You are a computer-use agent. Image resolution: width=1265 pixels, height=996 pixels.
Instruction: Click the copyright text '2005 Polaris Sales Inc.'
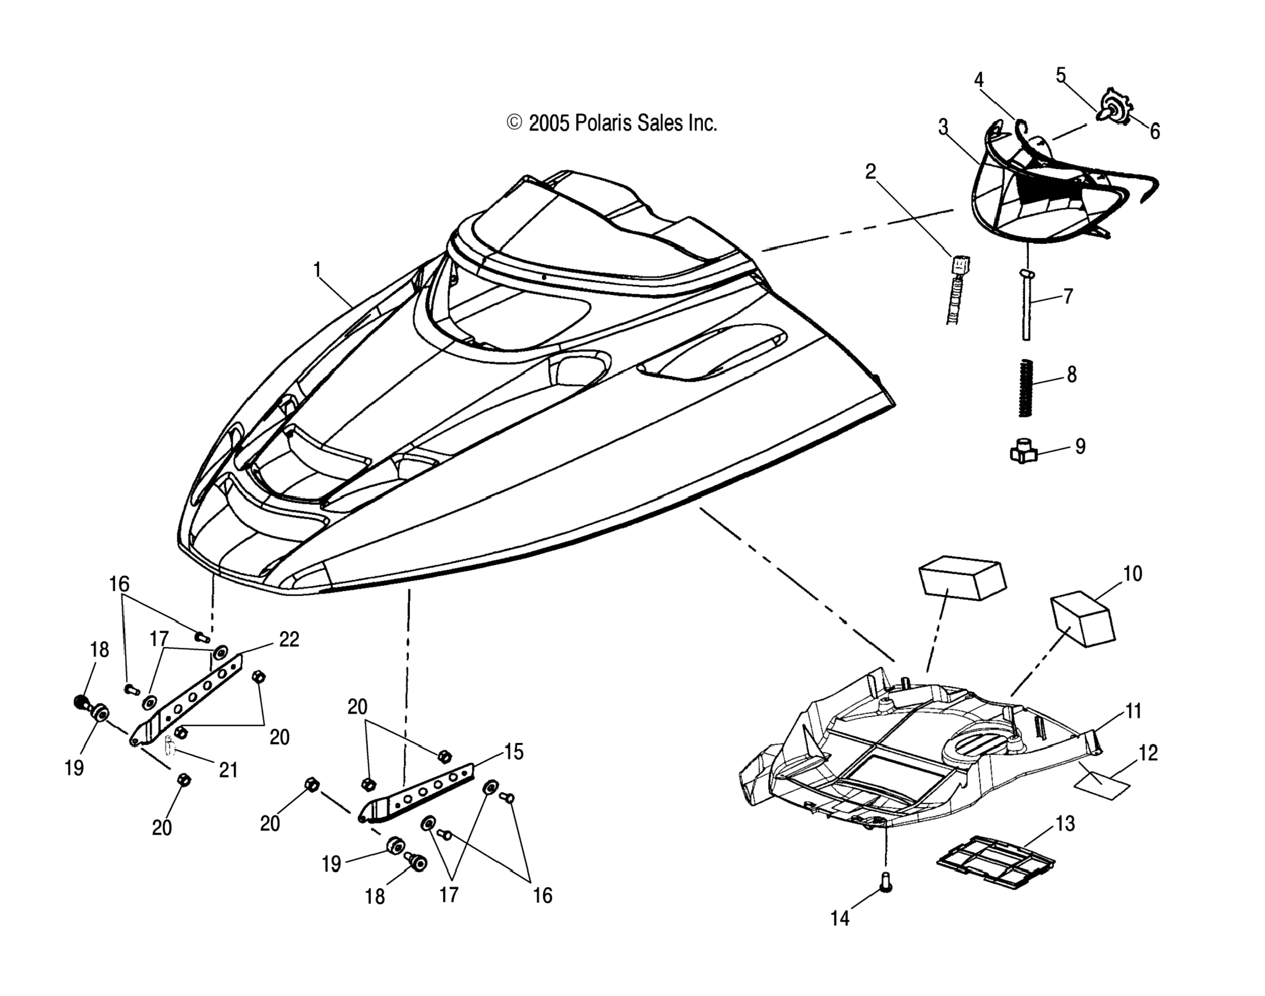click(x=612, y=123)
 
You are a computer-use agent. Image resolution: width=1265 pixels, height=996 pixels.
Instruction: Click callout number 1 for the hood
click(x=317, y=270)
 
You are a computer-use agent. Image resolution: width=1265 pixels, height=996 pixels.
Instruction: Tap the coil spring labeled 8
click(x=1025, y=388)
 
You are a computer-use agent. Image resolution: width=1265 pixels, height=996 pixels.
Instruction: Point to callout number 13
click(x=1065, y=824)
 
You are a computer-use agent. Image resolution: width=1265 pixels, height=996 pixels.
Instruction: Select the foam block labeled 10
click(x=1082, y=618)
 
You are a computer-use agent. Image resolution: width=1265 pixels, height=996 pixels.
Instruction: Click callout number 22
click(x=289, y=639)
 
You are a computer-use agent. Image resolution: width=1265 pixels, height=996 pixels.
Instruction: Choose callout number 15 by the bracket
click(x=513, y=751)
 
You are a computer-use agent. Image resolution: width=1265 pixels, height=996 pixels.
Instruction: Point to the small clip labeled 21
click(x=170, y=745)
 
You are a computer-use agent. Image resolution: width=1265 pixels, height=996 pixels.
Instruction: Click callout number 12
click(x=1148, y=753)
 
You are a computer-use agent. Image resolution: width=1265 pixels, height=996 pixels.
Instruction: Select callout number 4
click(x=978, y=81)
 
